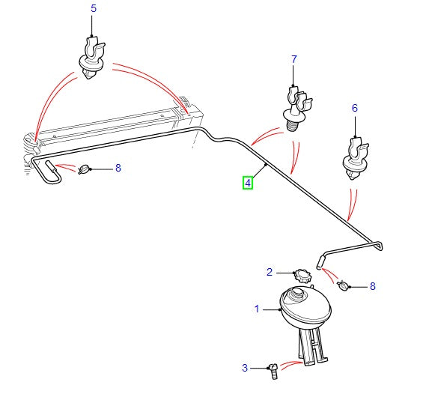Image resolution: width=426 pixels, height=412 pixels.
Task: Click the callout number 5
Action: click(94, 9)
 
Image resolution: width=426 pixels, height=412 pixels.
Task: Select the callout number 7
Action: click(294, 58)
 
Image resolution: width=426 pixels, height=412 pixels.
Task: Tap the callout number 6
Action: click(355, 108)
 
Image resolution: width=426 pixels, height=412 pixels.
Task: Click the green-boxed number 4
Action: click(247, 181)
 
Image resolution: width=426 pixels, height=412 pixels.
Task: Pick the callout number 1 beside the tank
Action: click(257, 308)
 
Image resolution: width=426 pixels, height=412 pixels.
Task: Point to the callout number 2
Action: click(270, 271)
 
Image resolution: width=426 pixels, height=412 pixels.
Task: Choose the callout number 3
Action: click(244, 367)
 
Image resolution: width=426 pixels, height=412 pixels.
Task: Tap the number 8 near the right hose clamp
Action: click(372, 286)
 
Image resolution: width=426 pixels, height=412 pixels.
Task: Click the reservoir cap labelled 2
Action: click(302, 273)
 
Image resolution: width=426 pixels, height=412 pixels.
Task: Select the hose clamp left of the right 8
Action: click(344, 285)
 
